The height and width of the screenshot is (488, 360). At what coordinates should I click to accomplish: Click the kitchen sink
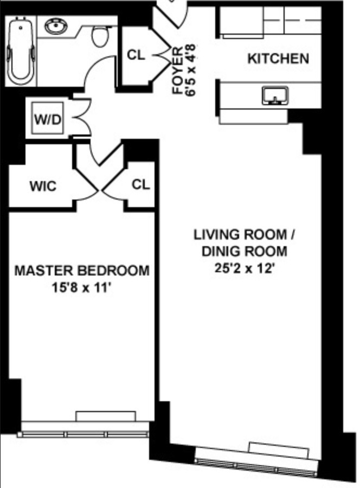tap(275, 96)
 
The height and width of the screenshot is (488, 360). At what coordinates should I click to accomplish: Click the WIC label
tap(42, 187)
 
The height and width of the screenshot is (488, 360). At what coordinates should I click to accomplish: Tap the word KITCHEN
tap(278, 59)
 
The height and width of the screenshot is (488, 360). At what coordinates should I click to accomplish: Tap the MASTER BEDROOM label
tap(81, 270)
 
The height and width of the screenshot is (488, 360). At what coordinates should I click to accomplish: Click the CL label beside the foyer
tap(136, 55)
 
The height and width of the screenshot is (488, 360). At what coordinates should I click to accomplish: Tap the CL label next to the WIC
tap(140, 185)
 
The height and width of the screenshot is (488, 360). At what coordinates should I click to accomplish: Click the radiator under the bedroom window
tap(105, 416)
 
